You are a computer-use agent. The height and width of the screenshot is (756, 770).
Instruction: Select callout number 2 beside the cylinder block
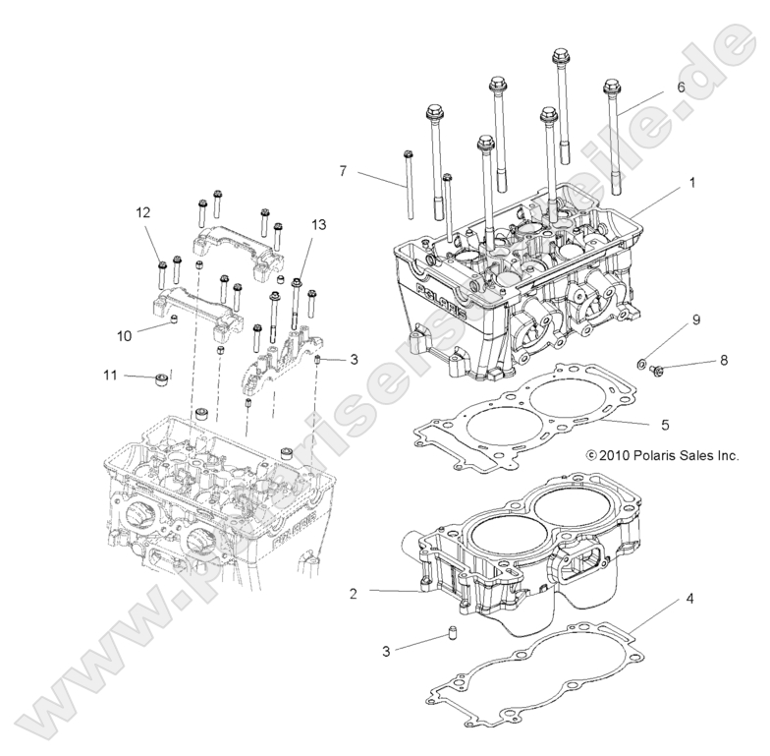click(x=353, y=593)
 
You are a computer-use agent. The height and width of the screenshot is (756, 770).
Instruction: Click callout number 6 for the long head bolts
click(x=680, y=87)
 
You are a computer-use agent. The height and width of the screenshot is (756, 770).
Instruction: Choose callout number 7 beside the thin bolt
click(x=343, y=171)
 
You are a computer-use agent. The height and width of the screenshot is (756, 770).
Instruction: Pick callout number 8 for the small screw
click(x=723, y=361)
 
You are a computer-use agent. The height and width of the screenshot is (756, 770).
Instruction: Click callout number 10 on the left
click(x=124, y=335)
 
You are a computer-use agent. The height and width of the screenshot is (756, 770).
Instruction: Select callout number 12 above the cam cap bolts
click(x=143, y=212)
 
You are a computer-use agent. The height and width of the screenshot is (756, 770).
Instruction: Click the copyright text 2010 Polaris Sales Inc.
click(x=660, y=455)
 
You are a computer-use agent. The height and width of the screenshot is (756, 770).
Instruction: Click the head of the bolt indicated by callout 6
click(x=610, y=87)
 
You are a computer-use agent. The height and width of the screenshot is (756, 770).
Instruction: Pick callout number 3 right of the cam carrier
click(x=353, y=360)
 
